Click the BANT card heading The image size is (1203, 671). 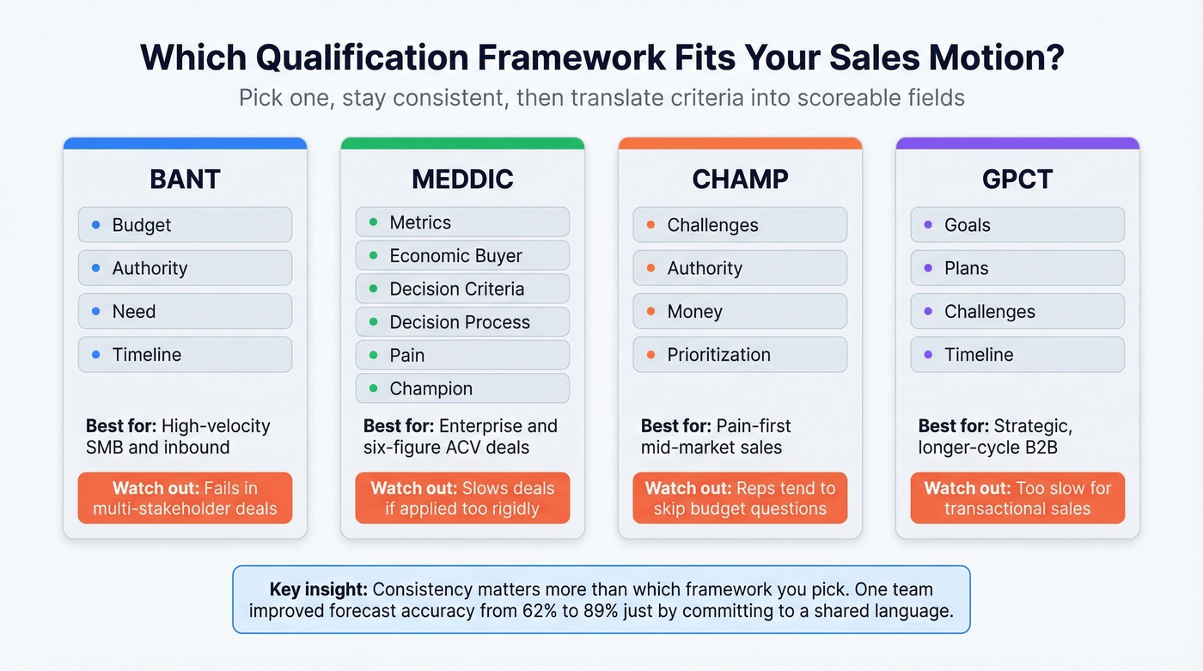tap(185, 179)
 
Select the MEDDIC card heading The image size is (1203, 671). tap(462, 179)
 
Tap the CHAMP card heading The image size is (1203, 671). tap(740, 179)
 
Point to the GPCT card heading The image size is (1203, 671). tap(1017, 179)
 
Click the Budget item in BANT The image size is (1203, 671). tap(185, 225)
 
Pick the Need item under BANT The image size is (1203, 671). tap(185, 311)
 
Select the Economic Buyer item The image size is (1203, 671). tap(462, 256)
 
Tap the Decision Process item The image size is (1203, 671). tap(462, 322)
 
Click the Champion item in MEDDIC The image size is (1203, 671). tap(462, 388)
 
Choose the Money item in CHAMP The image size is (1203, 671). tap(740, 311)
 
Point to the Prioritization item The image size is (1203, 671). tap(740, 355)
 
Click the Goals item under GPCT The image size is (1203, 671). tap(1017, 225)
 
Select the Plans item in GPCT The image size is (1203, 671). tap(1017, 268)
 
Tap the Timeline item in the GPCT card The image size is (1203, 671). tap(1017, 355)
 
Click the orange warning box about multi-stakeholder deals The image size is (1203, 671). tap(185, 498)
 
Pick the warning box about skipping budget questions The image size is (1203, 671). tap(740, 498)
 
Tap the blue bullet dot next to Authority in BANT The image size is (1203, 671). tap(95, 268)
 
